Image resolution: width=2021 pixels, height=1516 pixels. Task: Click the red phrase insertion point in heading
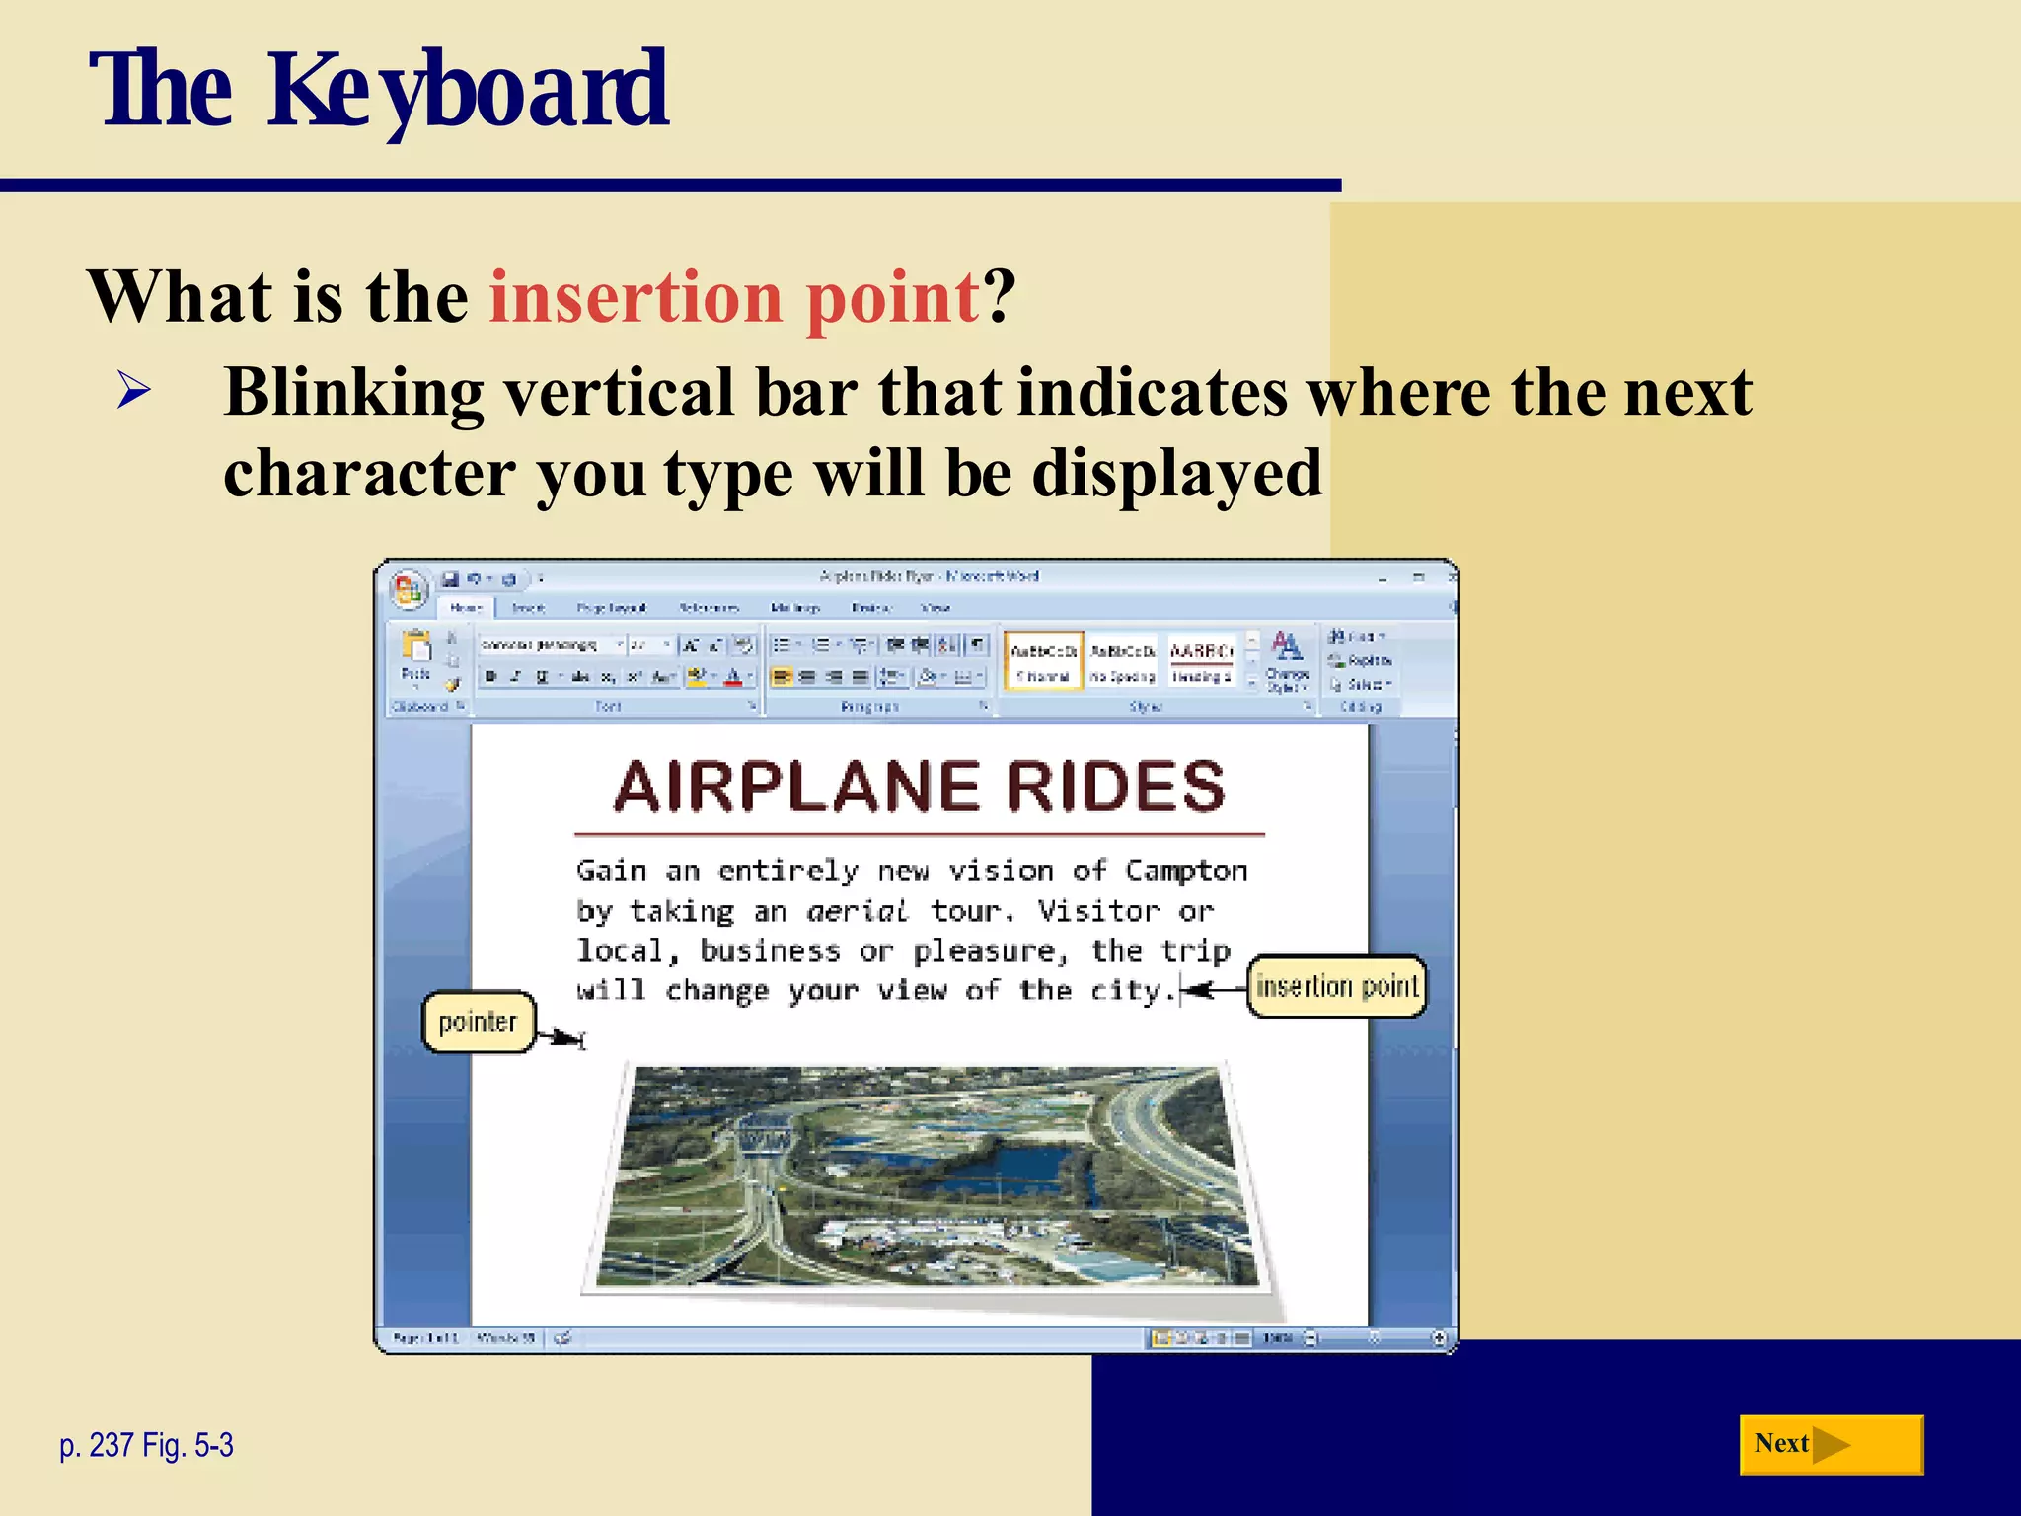tap(734, 298)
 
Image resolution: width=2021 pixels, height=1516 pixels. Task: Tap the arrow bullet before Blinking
tap(133, 391)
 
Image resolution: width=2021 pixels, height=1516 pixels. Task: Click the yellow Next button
tap(1830, 1444)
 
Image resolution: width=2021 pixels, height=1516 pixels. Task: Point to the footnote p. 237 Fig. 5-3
tap(146, 1445)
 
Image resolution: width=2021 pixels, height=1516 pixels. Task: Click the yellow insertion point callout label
tap(1336, 986)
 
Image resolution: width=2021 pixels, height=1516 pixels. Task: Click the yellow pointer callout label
tap(478, 1022)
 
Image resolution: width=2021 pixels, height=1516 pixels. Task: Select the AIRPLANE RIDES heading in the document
tap(919, 788)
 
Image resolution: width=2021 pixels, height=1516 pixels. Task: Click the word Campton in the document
tap(1186, 871)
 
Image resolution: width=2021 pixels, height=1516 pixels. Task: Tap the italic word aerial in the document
tap(856, 911)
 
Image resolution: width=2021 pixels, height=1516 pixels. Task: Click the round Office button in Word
tap(409, 590)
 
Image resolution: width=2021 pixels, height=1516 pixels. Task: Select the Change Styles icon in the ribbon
tap(1287, 659)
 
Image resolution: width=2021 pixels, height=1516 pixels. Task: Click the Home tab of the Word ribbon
tap(466, 608)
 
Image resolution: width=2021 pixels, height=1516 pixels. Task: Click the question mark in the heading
tap(999, 298)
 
